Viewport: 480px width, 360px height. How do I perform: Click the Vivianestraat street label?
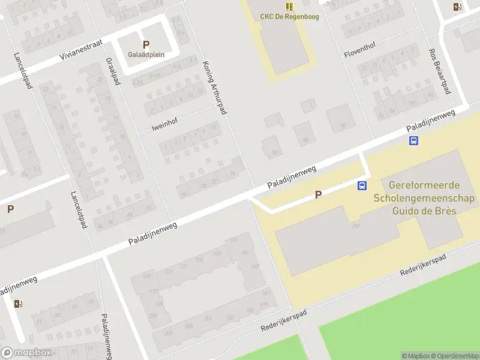tap(81, 49)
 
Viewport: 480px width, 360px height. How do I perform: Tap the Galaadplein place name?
tap(146, 54)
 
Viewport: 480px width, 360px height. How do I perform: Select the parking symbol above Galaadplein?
tap(146, 44)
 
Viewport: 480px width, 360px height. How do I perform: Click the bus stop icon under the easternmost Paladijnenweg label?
tap(413, 141)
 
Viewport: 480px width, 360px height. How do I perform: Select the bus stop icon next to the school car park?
tap(362, 186)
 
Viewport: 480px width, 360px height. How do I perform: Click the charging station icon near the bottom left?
tap(17, 304)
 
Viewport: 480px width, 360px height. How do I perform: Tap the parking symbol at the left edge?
tap(10, 209)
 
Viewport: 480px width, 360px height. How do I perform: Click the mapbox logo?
tap(26, 353)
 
